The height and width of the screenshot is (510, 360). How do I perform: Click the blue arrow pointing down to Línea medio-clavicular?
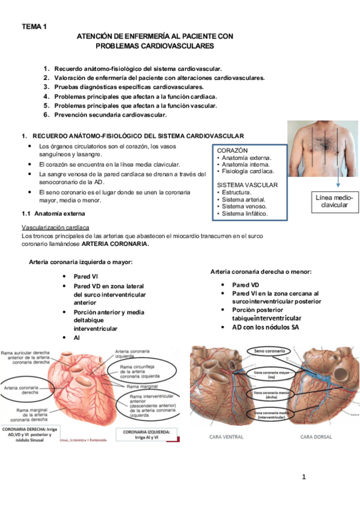tap(337, 183)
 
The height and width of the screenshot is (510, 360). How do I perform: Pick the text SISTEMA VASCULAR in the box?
tap(247, 185)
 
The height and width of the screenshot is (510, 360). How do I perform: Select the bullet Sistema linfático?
tap(244, 214)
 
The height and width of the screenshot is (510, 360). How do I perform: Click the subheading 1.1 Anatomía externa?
tap(53, 214)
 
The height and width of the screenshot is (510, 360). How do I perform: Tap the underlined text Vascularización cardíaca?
tap(55, 228)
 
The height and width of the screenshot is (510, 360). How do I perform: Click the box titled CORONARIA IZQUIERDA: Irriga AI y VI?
tap(149, 435)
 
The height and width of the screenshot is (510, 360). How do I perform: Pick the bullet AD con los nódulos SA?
tap(265, 327)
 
